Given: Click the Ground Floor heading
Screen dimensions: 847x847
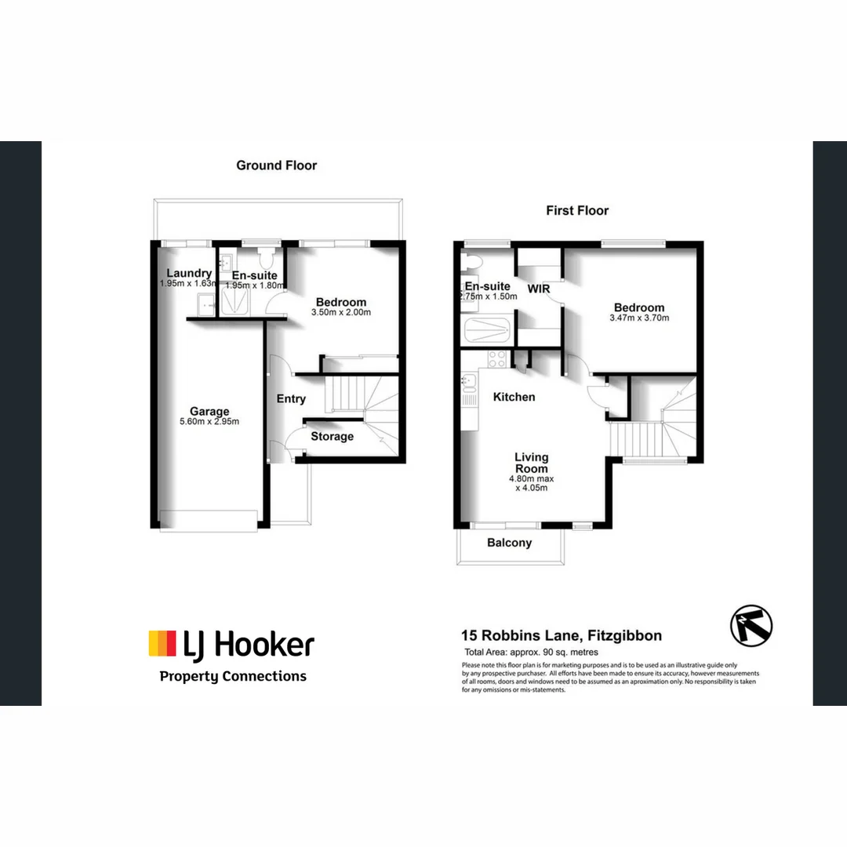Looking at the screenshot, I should (277, 165).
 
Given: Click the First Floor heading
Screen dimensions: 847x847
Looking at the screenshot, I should (577, 210).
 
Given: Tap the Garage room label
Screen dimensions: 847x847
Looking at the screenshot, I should (209, 411).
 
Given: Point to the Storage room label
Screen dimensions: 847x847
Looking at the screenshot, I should (333, 436).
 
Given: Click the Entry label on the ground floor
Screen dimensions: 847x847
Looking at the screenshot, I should (291, 398).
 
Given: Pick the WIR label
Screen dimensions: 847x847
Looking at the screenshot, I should (539, 289).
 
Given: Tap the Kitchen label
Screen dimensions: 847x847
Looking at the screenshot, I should (514, 397).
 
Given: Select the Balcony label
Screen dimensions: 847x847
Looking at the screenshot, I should (509, 543).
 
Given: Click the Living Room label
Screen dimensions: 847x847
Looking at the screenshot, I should (531, 463).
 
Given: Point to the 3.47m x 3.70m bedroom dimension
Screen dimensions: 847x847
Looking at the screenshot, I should (639, 318).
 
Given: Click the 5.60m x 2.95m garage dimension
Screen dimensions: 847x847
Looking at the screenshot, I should (209, 422).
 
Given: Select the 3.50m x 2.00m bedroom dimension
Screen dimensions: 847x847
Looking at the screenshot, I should (341, 312).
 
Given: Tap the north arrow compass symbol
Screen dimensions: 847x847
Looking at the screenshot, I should (751, 625).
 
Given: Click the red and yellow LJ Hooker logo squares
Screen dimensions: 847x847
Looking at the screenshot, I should (162, 643).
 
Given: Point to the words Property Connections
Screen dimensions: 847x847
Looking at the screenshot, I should (233, 676).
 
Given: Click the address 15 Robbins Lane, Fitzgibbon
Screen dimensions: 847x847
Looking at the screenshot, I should (561, 636).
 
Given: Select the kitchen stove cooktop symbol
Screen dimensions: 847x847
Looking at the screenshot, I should (497, 360).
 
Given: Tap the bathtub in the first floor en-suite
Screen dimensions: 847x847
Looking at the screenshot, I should (487, 330).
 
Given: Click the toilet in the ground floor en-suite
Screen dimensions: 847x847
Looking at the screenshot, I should (265, 259).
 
